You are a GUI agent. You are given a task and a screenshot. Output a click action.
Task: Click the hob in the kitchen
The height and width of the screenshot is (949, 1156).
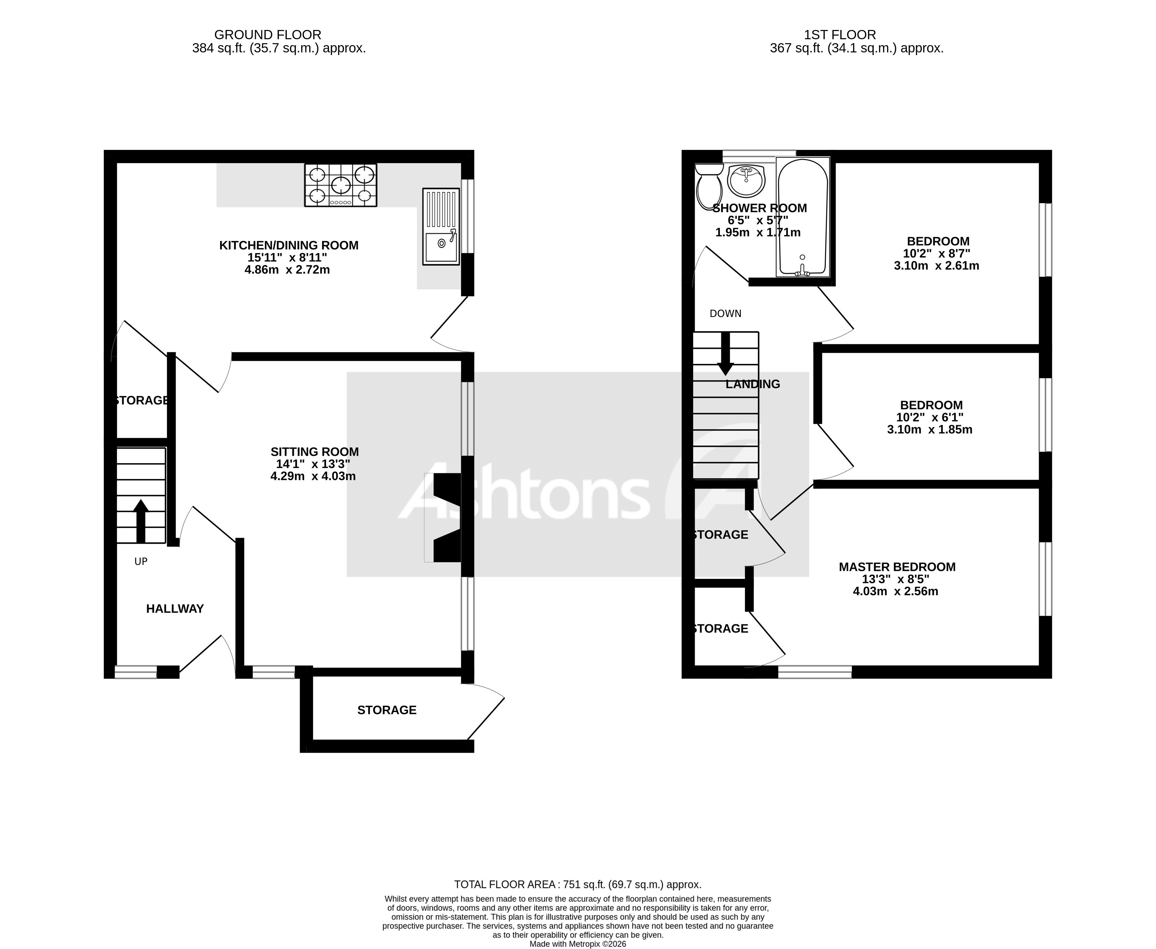pos(341,185)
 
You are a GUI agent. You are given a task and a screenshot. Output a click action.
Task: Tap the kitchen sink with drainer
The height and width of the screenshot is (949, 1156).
pos(440,227)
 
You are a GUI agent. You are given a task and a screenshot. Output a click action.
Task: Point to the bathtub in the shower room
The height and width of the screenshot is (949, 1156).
pos(802,217)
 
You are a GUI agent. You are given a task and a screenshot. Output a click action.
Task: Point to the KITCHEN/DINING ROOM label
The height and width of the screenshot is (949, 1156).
pos(289,246)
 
